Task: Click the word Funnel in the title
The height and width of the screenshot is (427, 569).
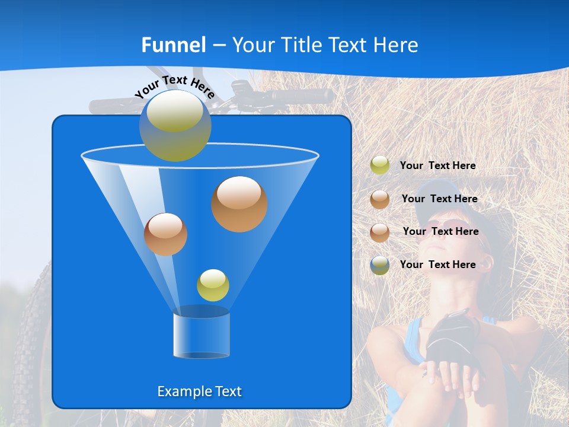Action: [x=174, y=45]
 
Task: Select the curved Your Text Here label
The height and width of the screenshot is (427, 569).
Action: [x=174, y=86]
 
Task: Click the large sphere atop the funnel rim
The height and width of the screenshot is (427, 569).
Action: [x=175, y=125]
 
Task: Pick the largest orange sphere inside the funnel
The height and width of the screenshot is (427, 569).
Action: [x=239, y=203]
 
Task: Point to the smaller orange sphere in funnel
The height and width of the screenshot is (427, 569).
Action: [x=165, y=234]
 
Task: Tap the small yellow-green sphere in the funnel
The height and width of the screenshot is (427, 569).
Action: [x=213, y=285]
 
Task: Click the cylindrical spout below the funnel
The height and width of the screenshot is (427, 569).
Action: [x=201, y=335]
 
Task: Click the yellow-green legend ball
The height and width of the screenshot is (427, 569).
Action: [x=380, y=165]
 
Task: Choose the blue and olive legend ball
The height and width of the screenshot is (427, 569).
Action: [x=380, y=265]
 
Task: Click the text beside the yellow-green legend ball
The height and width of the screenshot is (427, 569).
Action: [x=437, y=166]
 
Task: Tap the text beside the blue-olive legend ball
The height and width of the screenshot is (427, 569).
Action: [x=437, y=265]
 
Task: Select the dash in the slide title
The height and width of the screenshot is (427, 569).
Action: [x=219, y=46]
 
